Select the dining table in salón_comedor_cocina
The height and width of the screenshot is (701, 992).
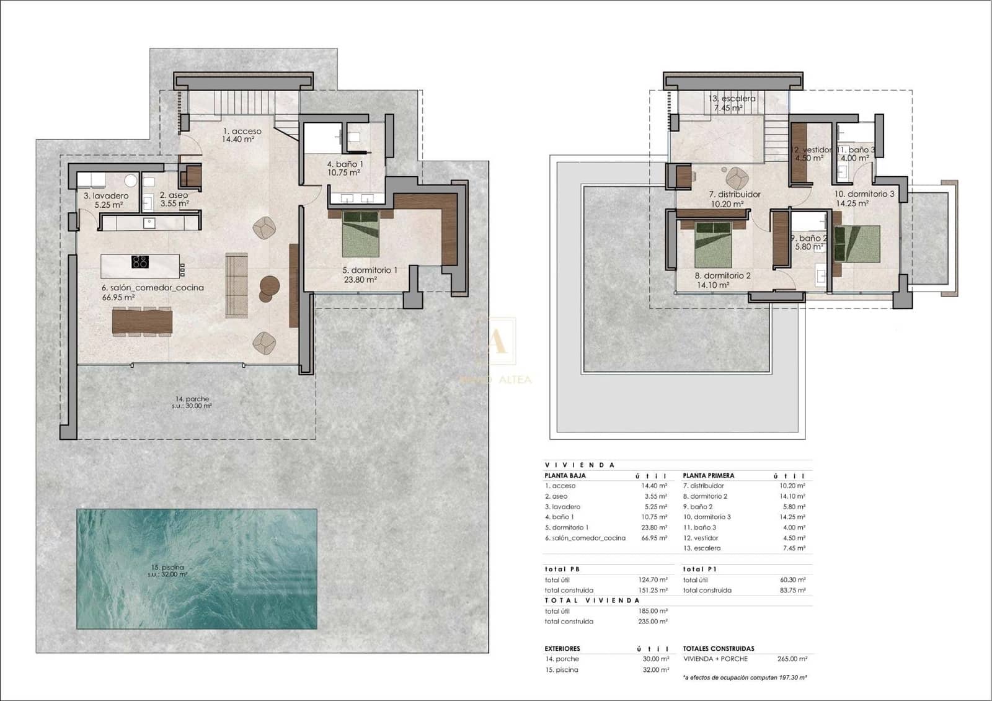coord(142,321)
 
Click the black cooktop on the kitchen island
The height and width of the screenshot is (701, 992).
coord(140,262)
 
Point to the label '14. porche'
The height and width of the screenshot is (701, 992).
coord(192,399)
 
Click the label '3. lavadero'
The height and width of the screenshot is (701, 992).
coord(106,196)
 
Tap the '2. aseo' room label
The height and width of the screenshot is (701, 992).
coord(174,195)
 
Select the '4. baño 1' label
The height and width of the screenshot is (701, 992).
coord(345,164)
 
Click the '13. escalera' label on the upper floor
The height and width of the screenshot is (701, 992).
coord(732,99)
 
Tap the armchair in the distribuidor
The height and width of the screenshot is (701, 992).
coord(736,179)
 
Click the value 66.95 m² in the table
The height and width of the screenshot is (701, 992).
coord(654,538)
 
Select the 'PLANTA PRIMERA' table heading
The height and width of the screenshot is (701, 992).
coord(708,475)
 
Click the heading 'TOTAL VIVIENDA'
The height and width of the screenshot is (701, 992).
coord(591,601)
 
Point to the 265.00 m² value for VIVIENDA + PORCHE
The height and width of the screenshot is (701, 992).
coord(792,659)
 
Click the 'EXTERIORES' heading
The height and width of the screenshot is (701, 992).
coord(562,648)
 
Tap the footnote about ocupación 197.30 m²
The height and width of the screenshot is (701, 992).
coord(745,677)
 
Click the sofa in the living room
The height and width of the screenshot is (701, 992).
coord(236,285)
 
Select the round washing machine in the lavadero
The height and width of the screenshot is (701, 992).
coord(131,181)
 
